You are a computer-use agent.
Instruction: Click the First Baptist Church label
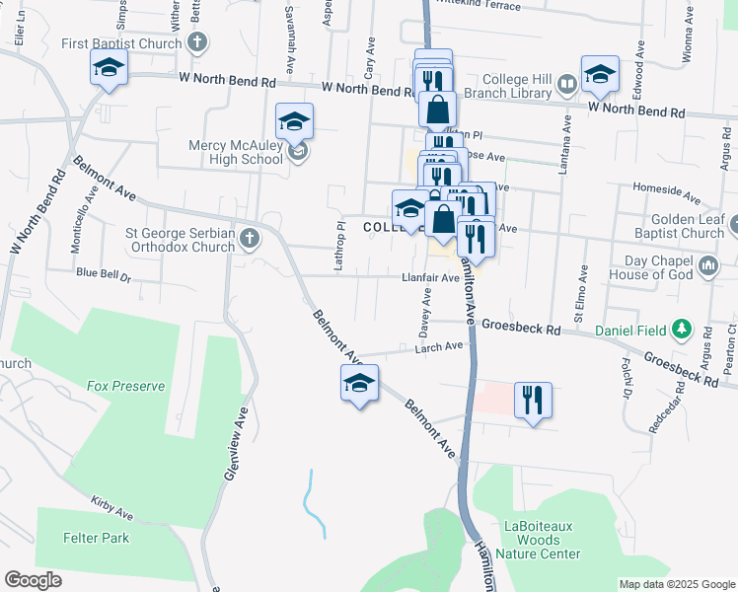(121, 43)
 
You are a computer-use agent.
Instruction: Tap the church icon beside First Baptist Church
(197, 42)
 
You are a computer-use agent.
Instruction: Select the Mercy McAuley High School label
(235, 152)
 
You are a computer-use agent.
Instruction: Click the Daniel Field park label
(628, 329)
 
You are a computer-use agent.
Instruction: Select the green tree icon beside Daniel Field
(680, 329)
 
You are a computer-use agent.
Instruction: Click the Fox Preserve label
(125, 386)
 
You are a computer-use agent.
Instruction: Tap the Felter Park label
(96, 538)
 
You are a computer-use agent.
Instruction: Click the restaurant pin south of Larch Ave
(533, 401)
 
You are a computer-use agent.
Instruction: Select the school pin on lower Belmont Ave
(359, 384)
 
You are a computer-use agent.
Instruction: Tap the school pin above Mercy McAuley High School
(294, 121)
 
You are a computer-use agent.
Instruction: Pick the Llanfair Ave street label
(431, 278)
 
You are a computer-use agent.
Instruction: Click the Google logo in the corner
(33, 580)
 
